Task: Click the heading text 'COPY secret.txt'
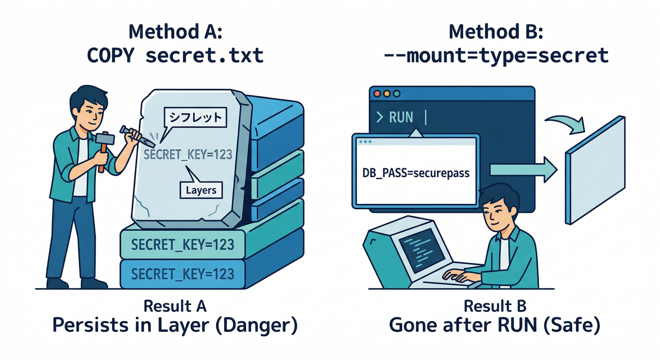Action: coord(175,55)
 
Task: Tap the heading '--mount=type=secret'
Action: coord(495,55)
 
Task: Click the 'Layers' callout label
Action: coord(201,190)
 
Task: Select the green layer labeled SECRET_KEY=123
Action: coord(182,245)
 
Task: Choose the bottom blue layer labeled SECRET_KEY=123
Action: coord(182,273)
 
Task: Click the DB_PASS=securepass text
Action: coord(416,173)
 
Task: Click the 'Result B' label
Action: coord(495,306)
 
